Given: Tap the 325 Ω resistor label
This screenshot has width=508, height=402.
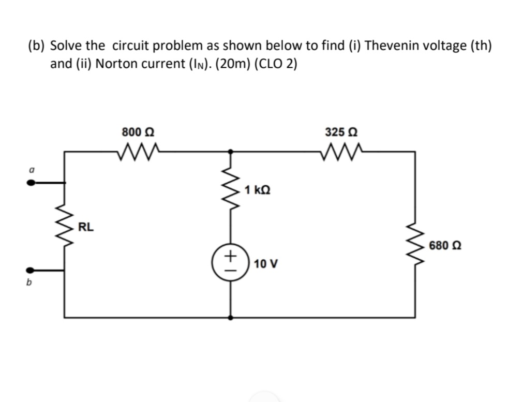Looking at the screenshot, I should tap(339, 131).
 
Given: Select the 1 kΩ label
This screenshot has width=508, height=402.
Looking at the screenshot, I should tap(257, 190).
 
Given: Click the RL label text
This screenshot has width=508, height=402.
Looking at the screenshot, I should tap(86, 226).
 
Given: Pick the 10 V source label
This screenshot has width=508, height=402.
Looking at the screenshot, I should tap(266, 264).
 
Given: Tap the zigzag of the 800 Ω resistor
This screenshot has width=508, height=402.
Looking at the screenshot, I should tap(137, 152).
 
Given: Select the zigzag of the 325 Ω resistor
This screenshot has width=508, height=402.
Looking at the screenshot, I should tap(340, 152).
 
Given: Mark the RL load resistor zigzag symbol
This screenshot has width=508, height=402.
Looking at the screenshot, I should tap(65, 226).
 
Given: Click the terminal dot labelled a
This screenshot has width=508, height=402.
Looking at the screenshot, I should tap(32, 182).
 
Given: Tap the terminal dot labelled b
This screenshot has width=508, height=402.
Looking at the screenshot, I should tap(32, 270).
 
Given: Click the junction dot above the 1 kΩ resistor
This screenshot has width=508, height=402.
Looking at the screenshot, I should tap(231, 152).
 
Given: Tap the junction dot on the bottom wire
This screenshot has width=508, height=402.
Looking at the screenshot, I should tap(231, 317).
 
